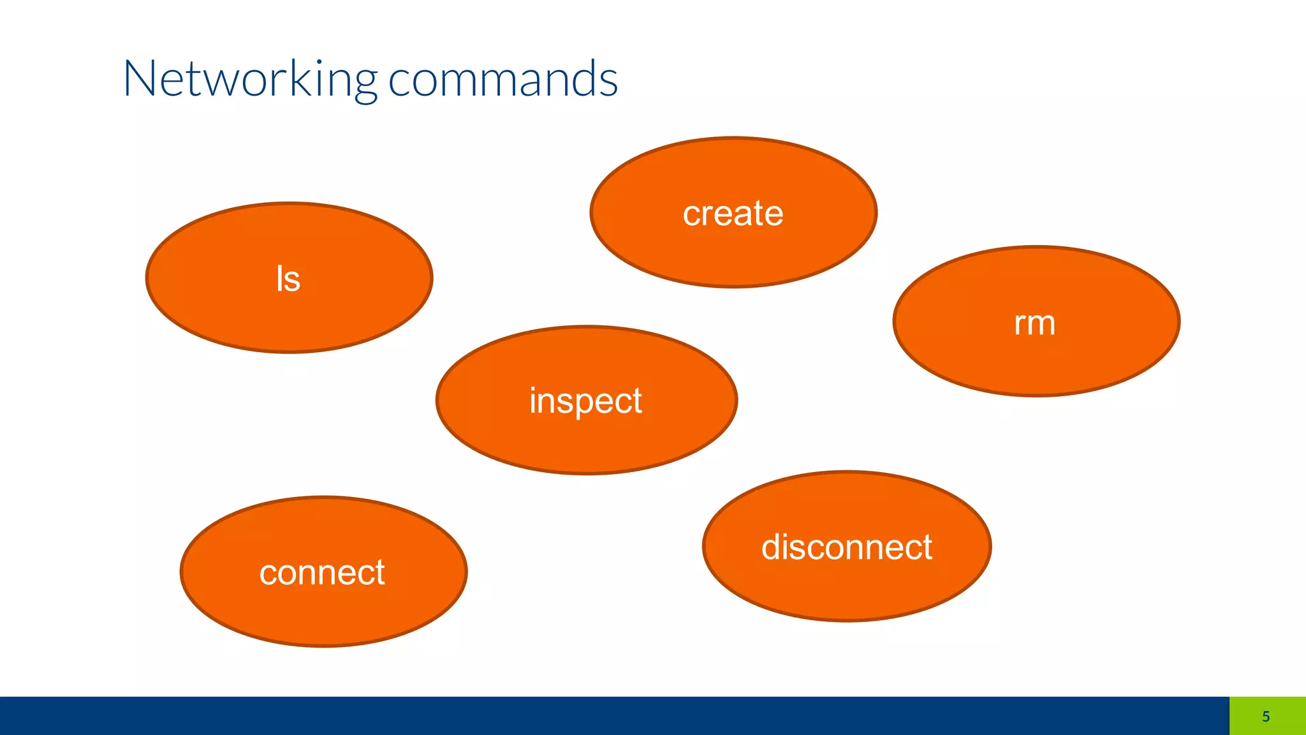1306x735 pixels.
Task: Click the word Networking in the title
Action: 250,79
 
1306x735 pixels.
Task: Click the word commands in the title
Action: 503,79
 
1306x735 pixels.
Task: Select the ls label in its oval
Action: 288,279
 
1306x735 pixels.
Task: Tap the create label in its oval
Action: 733,213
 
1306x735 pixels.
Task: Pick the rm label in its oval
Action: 1034,323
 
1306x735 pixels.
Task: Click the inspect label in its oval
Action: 585,401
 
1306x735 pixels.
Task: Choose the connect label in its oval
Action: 322,572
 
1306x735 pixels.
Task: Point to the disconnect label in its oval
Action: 846,547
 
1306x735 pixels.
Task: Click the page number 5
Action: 1266,716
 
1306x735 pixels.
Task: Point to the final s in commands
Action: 608,82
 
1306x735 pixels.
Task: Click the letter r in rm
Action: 1019,324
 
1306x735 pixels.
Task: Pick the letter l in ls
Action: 279,278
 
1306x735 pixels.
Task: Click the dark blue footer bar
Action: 574,716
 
